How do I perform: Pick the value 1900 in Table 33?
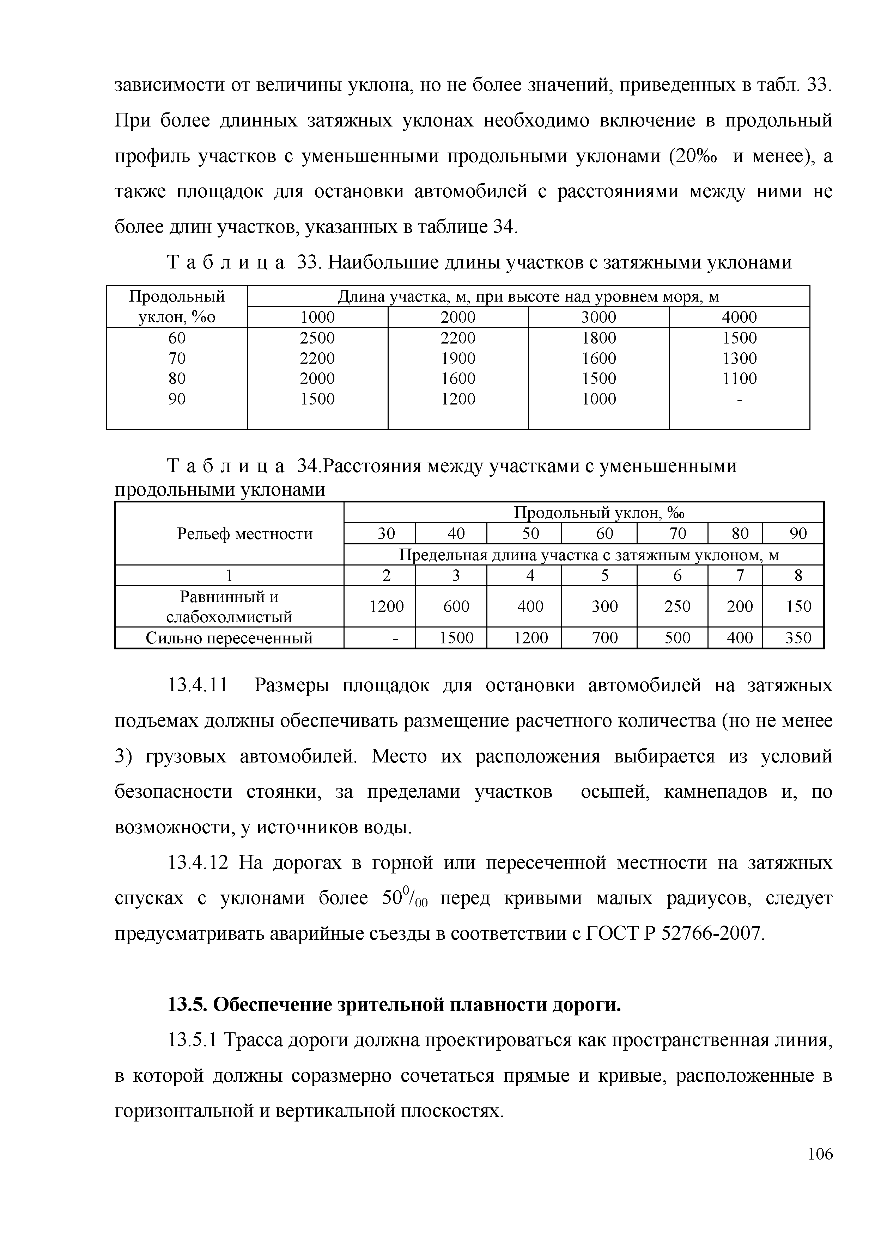[458, 358]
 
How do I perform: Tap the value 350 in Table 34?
[798, 638]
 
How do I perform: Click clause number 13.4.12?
[198, 863]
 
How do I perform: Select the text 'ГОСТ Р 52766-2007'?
[674, 933]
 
